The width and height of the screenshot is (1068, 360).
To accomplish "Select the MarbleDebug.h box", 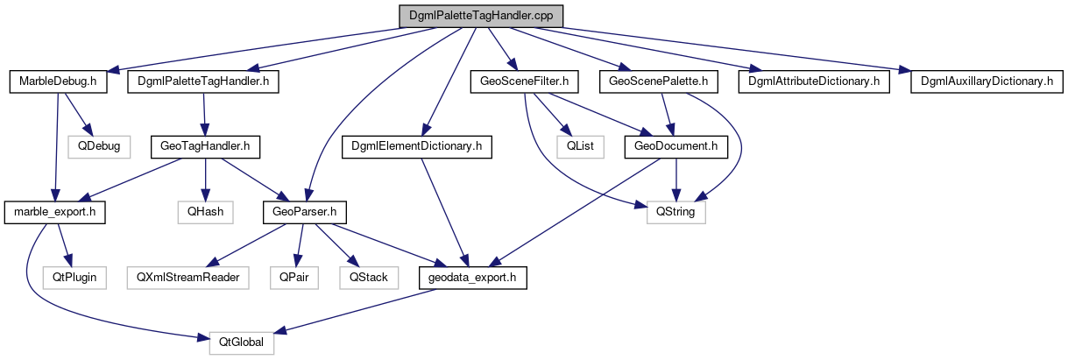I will (57, 81).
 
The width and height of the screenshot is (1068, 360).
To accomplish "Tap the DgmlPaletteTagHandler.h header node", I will (203, 81).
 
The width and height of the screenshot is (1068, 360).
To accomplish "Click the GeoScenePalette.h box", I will (659, 81).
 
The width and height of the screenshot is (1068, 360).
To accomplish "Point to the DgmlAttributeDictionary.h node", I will (813, 81).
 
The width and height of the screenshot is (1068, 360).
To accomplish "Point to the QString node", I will (675, 211).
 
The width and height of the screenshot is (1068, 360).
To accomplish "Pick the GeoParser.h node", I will (305, 211).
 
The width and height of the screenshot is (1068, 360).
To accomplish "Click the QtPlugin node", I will (74, 277).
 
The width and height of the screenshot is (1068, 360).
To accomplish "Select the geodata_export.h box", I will (473, 277).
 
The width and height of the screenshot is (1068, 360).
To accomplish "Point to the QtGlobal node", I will (241, 342).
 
